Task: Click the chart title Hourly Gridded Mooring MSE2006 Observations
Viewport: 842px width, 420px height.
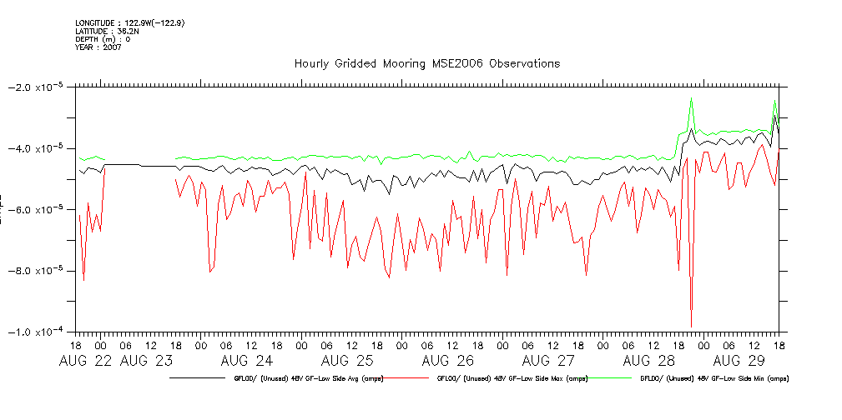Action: click(426, 63)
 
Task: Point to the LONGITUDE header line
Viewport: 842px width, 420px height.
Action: click(129, 22)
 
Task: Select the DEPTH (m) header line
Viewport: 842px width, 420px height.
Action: click(102, 39)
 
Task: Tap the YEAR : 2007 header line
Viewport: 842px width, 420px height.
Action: click(98, 47)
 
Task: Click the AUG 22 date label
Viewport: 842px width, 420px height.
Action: click(87, 361)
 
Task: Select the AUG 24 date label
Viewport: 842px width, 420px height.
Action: click(247, 361)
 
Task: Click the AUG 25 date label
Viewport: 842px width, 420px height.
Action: click(347, 361)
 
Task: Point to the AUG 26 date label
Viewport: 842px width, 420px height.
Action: click(448, 361)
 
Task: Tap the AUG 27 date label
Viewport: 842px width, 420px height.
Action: click(548, 361)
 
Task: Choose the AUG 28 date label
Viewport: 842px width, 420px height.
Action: click(649, 361)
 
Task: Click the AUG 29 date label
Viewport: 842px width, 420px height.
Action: click(739, 361)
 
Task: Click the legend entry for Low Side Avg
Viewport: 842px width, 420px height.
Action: click(293, 378)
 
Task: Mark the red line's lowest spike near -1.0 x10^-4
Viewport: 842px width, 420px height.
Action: click(691, 326)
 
